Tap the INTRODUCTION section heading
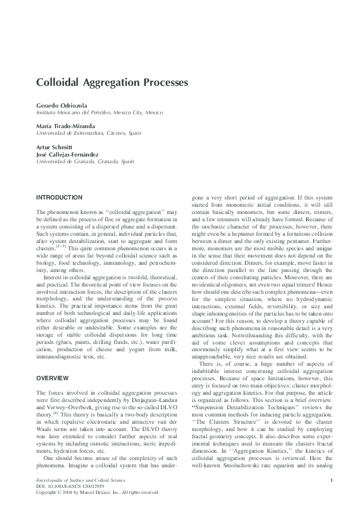click(59, 198)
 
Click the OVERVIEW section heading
click(53, 377)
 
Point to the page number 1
click(332, 480)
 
